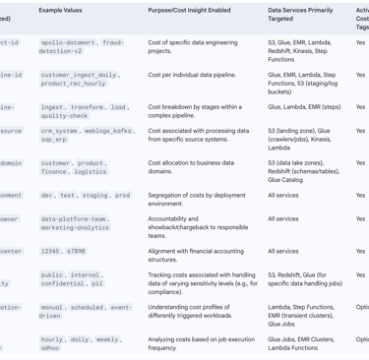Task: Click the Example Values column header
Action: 68,9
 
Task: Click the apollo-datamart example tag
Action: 71,44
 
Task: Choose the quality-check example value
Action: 64,116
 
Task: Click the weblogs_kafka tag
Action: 108,130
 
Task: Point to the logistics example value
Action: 91,171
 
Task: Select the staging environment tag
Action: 95,196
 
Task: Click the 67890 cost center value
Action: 75,252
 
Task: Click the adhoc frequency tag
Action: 50,348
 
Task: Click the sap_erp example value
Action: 54,140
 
